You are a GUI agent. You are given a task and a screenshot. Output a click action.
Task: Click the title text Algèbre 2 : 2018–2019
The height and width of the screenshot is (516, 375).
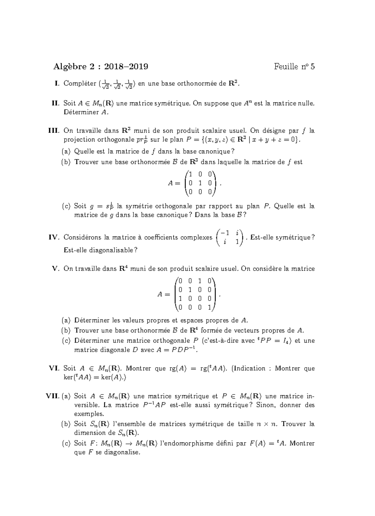(101, 67)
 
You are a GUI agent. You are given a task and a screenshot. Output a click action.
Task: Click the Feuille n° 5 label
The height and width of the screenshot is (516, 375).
(294, 67)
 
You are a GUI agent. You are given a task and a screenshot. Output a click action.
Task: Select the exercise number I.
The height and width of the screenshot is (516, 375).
(57, 83)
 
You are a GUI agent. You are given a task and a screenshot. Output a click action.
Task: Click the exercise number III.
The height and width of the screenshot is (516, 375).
(53, 131)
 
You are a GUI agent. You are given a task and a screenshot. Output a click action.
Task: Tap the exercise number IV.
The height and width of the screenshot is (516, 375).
(54, 237)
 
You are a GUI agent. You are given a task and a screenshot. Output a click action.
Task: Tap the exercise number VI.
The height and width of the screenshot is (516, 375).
(54, 368)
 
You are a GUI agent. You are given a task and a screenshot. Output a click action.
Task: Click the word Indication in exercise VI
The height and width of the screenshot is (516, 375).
(250, 368)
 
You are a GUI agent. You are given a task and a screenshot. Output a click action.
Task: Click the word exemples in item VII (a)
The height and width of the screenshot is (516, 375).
(89, 414)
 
